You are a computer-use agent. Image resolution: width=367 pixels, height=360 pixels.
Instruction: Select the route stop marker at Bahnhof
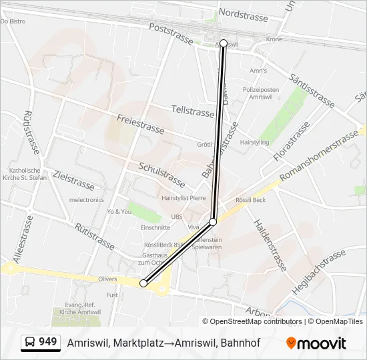[224, 43]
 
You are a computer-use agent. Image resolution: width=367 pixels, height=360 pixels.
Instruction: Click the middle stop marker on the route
[213, 221]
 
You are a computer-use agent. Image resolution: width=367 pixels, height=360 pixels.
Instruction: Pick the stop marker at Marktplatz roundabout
[143, 283]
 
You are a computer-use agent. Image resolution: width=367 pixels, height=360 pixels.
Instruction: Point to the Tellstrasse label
[192, 111]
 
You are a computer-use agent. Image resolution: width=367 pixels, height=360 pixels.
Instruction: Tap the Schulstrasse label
[162, 175]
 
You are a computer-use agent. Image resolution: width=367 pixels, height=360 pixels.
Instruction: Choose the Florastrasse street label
[292, 142]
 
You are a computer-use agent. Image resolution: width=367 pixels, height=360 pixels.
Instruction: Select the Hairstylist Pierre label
[183, 197]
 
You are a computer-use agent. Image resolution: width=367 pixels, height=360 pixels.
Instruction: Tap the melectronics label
[87, 199]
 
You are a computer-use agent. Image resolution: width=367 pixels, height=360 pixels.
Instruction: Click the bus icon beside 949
[30, 343]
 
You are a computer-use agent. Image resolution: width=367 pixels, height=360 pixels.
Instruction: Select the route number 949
[48, 342]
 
